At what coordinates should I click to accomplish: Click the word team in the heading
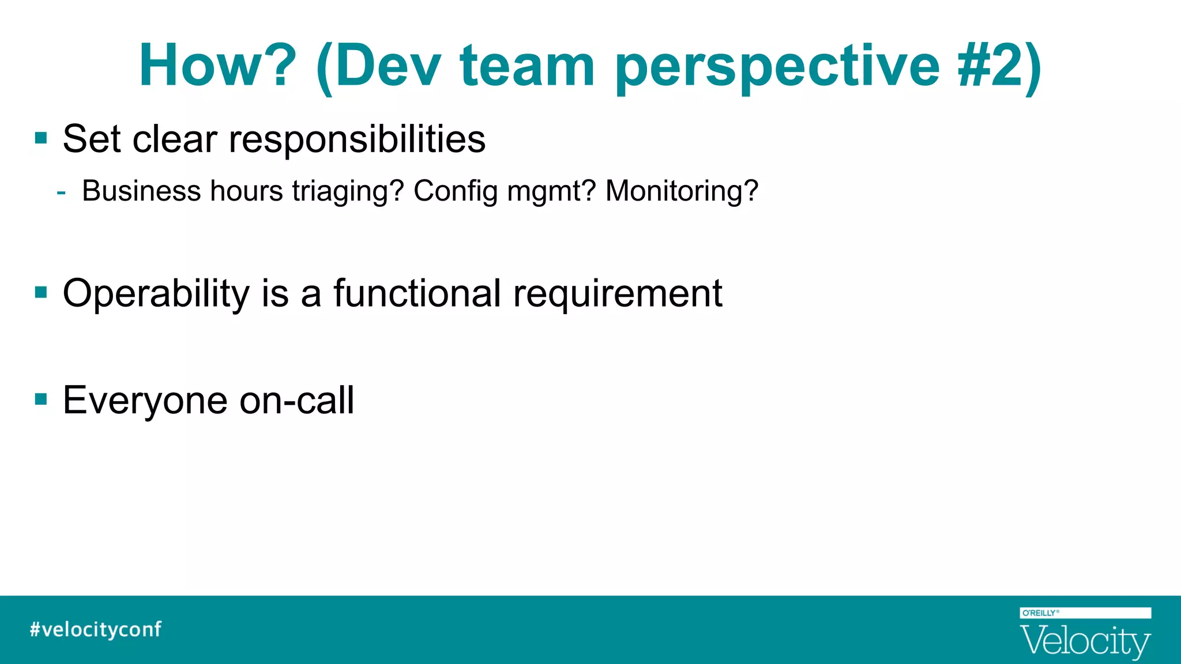527,66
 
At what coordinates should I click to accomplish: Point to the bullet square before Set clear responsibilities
41,138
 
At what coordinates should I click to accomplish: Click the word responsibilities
357,139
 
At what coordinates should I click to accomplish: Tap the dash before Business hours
61,191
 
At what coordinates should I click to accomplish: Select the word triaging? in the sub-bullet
348,191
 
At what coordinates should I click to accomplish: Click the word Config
455,191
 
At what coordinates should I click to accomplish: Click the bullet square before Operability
41,292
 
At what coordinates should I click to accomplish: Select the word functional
417,293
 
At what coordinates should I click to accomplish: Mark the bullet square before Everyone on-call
41,399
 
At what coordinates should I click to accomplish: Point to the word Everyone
145,401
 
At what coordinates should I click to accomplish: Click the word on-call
296,401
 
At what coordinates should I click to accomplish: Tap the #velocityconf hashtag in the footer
96,629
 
